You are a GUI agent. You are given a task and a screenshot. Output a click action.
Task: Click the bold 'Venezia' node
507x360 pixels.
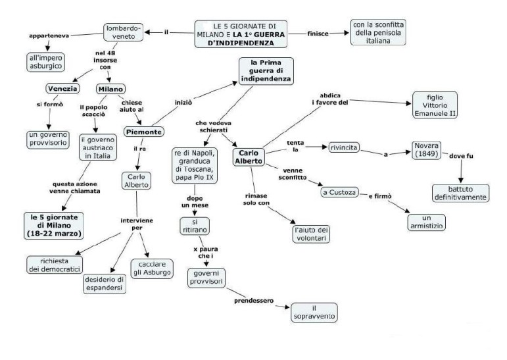(62, 88)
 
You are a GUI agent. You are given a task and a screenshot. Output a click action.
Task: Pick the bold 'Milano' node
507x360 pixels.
(110, 88)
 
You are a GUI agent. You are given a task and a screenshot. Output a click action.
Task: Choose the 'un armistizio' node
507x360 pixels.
(425, 220)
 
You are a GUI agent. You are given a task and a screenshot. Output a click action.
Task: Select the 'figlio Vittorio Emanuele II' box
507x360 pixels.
(435, 105)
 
